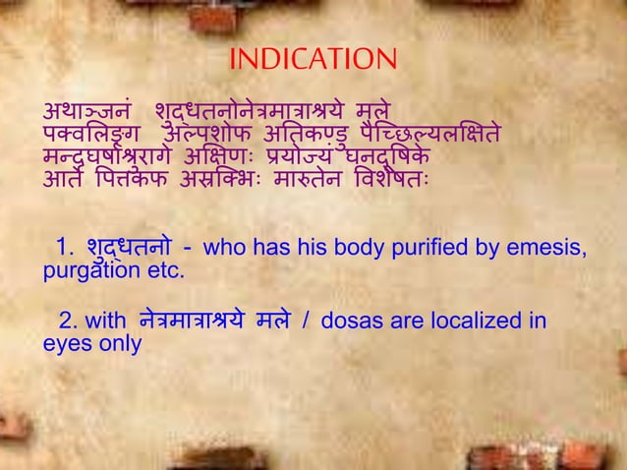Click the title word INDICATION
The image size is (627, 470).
tap(313, 61)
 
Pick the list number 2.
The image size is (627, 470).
tap(66, 322)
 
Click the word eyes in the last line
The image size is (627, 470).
tap(64, 344)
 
